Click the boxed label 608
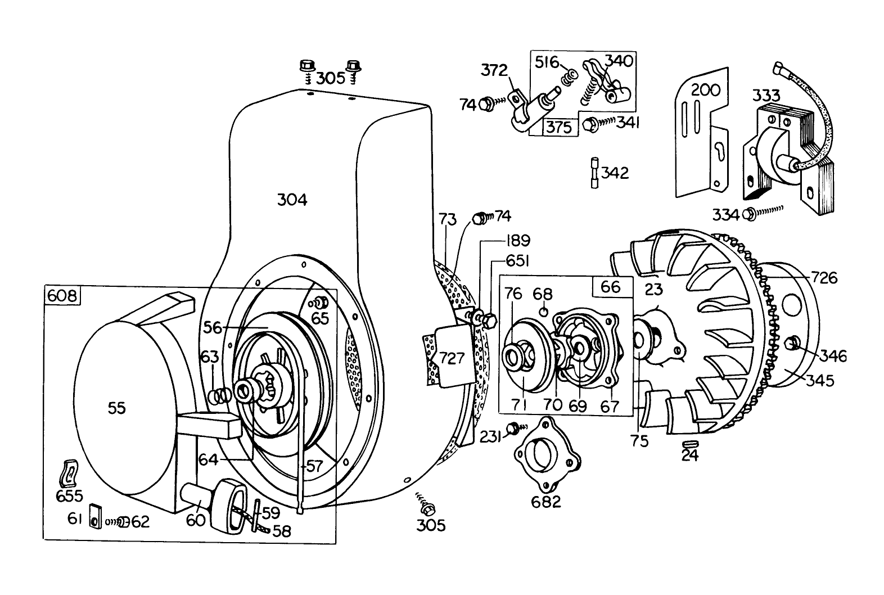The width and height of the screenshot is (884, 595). click(62, 296)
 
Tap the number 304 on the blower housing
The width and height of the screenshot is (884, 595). click(292, 200)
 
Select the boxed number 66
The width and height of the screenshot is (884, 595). click(610, 287)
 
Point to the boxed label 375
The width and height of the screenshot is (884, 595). click(559, 127)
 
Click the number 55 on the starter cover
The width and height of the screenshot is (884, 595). click(116, 408)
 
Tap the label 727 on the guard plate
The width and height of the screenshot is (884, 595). click(452, 358)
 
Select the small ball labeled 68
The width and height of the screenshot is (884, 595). click(543, 311)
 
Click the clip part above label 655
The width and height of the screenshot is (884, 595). click(69, 472)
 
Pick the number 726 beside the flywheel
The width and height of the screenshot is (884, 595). click(824, 278)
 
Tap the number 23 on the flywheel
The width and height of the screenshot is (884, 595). click(654, 290)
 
